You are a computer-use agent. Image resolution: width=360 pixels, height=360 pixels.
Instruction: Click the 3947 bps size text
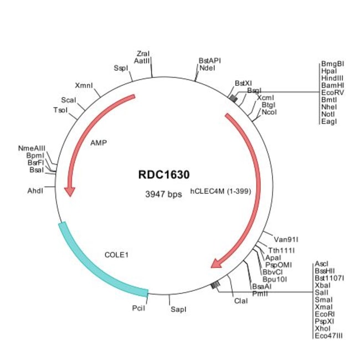(x=163, y=194)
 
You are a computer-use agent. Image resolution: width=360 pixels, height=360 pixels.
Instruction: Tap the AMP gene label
(x=98, y=142)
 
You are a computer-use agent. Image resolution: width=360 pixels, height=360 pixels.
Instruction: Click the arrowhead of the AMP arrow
(x=69, y=191)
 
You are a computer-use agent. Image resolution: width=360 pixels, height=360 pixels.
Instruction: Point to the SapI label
(x=177, y=305)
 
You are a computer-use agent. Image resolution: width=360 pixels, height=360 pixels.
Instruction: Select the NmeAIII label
(x=32, y=148)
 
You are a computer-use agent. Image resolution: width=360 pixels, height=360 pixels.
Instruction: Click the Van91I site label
(x=286, y=240)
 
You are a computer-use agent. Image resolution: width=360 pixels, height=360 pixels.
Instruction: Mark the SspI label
(x=121, y=68)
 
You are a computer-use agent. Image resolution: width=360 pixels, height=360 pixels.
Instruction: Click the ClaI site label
(x=240, y=301)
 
